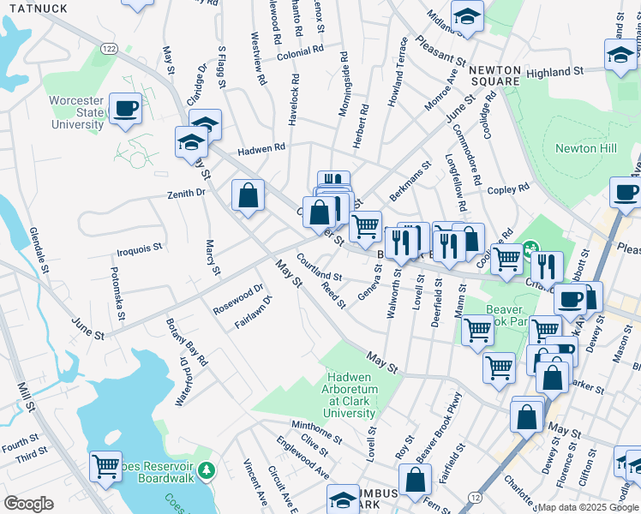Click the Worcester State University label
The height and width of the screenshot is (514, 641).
point(76,112)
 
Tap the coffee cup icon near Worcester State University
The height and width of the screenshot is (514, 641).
point(125,109)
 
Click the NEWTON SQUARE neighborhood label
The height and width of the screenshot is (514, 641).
point(494,75)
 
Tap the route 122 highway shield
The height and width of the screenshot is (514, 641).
point(109,49)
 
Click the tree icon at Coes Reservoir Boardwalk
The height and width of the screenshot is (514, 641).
point(206,470)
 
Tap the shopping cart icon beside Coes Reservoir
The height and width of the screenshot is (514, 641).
point(105,466)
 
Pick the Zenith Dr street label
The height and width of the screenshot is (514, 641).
point(187,194)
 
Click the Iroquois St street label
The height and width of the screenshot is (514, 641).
point(140,249)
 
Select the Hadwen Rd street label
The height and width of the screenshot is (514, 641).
point(261,148)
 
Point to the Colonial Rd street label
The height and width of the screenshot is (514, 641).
point(299,51)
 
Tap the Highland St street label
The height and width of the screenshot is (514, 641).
point(554,73)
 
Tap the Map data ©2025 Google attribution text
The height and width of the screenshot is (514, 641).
point(587,507)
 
